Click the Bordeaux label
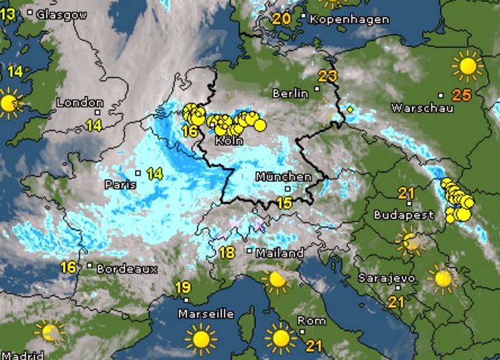(127, 269)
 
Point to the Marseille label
(205, 314)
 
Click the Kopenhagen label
(349, 19)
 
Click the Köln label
(229, 140)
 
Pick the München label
(283, 177)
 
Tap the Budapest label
(404, 215)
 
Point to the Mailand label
(280, 253)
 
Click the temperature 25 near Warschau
(462, 95)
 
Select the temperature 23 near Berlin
(327, 76)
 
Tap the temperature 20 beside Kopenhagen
(281, 18)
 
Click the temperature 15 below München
(284, 202)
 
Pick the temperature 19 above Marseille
(182, 287)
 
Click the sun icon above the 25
(467, 65)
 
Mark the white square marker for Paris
(138, 173)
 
